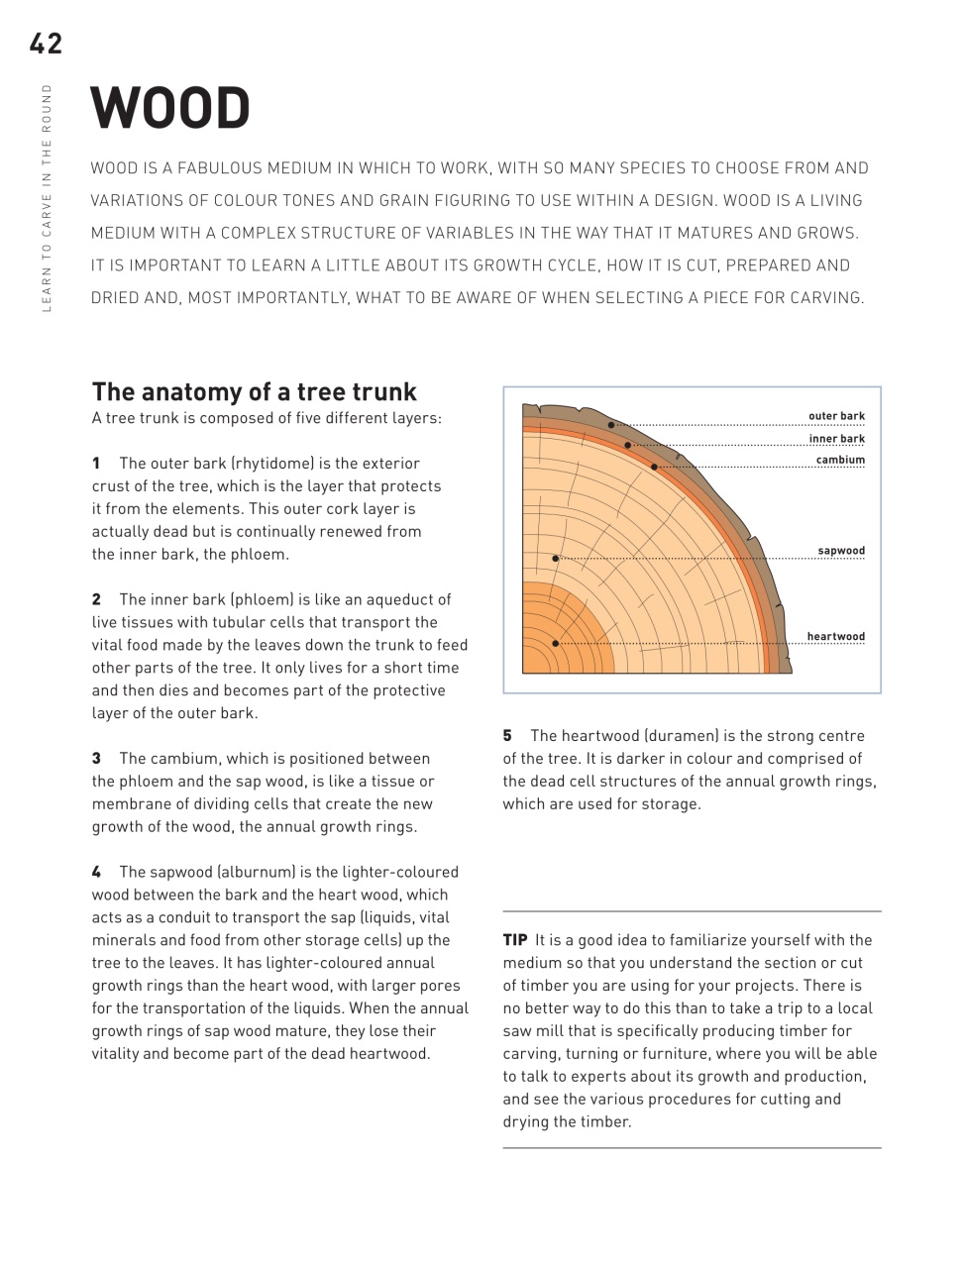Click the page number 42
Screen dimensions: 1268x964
coord(46,44)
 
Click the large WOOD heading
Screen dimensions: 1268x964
coord(170,109)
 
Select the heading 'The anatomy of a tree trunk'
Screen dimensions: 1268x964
coord(255,391)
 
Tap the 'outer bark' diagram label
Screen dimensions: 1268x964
coord(836,416)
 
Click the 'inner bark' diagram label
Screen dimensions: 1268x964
coord(836,439)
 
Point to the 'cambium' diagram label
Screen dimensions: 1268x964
coord(840,460)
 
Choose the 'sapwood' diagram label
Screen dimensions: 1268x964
coord(841,551)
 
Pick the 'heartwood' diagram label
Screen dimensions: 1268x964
coord(835,637)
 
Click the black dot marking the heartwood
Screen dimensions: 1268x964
coord(556,644)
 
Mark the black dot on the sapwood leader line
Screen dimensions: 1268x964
coord(556,559)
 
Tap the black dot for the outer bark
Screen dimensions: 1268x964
coord(611,425)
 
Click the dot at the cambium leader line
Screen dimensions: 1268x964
coord(654,467)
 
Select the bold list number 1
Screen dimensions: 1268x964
coord(97,464)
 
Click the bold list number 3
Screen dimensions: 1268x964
coord(97,759)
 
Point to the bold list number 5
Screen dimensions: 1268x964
coord(507,736)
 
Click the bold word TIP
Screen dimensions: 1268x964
coord(515,940)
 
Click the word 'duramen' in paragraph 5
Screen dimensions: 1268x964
coord(679,736)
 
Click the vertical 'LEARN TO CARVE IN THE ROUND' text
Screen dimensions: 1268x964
coord(46,198)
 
